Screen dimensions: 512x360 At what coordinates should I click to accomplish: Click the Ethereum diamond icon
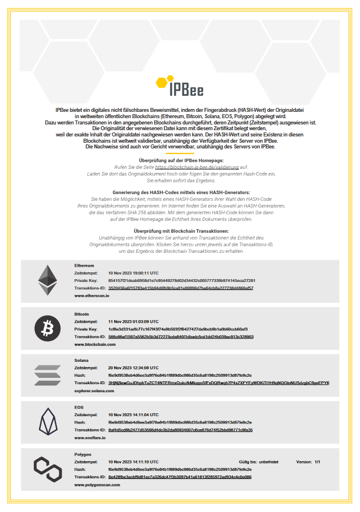[x=47, y=280]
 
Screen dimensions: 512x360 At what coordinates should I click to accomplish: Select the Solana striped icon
[x=47, y=374]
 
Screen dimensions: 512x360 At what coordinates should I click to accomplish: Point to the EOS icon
[x=47, y=421]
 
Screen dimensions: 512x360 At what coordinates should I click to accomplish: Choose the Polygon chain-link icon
[x=47, y=469]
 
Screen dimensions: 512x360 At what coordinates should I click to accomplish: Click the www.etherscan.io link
[x=91, y=296]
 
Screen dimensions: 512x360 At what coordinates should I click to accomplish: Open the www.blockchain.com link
[x=95, y=344]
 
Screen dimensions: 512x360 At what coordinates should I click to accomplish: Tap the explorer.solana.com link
[x=94, y=391]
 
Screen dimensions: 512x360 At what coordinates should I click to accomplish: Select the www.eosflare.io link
[x=92, y=437]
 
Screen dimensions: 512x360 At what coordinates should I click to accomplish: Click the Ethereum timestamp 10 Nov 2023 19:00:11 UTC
[x=134, y=273]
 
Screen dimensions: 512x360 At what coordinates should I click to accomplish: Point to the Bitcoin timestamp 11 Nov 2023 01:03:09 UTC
[x=134, y=321]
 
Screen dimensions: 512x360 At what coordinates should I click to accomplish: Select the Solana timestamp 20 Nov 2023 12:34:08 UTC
[x=134, y=368]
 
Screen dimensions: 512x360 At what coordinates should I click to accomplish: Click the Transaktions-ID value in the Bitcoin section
[x=181, y=337]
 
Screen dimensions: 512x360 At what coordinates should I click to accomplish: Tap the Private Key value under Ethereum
[x=181, y=281]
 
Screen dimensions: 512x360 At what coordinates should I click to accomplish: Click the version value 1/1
[x=317, y=461]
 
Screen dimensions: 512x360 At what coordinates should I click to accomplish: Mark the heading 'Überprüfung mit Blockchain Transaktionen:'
[x=180, y=231]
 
